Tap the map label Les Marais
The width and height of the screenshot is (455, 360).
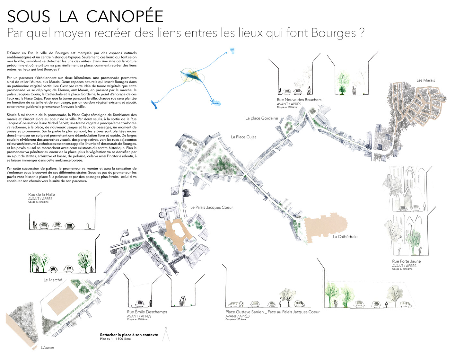[425, 80]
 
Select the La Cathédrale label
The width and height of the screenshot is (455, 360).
[345, 237]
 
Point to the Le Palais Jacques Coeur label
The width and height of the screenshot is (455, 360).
[211, 207]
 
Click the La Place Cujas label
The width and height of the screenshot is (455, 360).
[243, 137]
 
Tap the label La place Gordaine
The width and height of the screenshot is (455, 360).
[262, 118]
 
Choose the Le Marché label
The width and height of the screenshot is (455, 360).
[53, 280]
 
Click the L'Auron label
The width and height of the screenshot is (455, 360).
[47, 347]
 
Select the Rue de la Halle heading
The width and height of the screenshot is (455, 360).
[41, 194]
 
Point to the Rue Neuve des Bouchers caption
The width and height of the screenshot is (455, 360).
[299, 100]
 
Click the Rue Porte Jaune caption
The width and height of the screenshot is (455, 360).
[406, 261]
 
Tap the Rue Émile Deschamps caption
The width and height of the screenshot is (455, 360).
[147, 312]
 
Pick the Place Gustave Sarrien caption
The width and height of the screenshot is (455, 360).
[272, 312]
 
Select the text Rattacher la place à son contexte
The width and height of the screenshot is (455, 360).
[129, 335]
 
